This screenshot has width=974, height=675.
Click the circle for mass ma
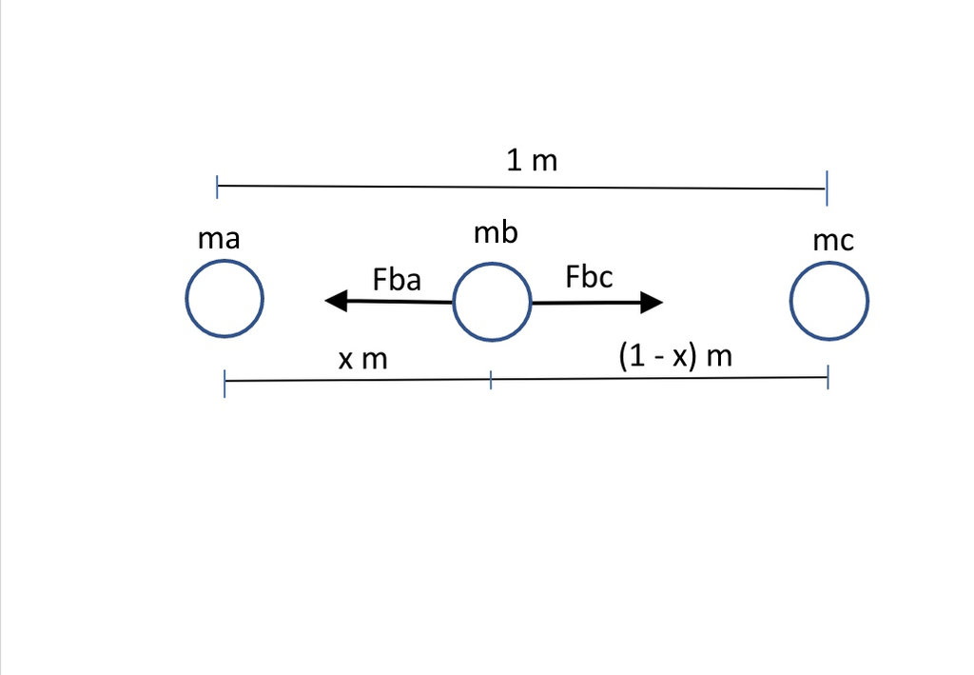[224, 300]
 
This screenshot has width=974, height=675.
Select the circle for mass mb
[492, 303]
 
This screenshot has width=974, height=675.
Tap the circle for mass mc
[829, 301]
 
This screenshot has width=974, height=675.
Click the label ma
[219, 238]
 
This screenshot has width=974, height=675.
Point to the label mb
[497, 232]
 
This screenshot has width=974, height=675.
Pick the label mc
[834, 241]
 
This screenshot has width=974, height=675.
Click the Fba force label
[398, 279]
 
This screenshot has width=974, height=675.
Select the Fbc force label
[589, 277]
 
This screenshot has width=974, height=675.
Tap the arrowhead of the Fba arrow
[336, 302]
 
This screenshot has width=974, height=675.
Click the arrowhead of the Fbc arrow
[652, 303]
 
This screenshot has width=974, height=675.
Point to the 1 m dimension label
[532, 160]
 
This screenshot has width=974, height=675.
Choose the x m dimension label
[363, 359]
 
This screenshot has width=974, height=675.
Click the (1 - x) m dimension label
[675, 357]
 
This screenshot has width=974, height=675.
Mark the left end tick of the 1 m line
[218, 187]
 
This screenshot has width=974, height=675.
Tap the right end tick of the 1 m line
[827, 189]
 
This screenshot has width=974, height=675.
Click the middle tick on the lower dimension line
[491, 380]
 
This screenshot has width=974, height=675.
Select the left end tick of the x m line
[224, 384]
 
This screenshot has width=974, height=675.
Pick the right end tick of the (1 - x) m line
[828, 377]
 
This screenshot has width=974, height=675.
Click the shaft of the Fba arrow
[399, 302]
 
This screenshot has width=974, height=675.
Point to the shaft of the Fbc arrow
[586, 303]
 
